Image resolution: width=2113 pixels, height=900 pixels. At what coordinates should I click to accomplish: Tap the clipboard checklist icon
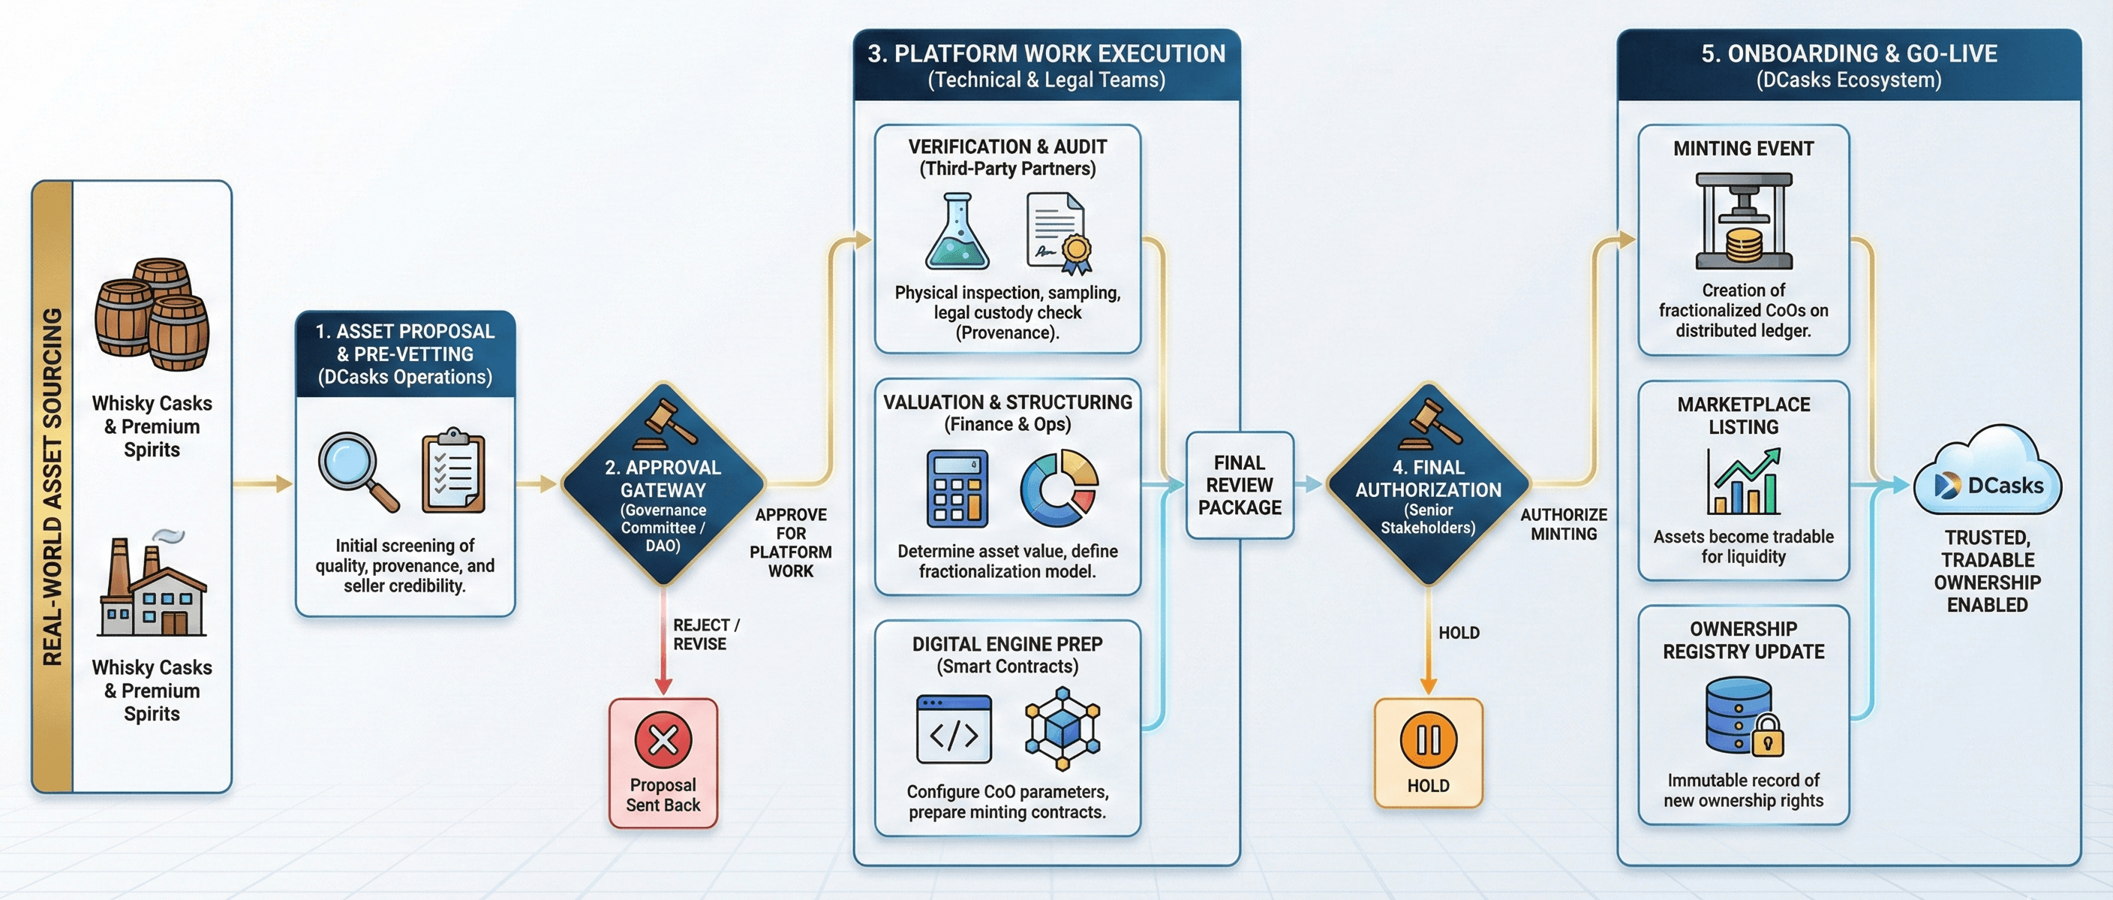click(452, 471)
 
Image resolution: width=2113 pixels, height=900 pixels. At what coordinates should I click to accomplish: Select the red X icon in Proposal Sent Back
click(663, 739)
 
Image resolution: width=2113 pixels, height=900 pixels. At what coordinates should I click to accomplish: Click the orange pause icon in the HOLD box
click(1428, 739)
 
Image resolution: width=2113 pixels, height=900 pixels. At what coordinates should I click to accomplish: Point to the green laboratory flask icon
click(957, 233)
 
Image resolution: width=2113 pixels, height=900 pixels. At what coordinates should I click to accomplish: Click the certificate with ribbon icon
click(1059, 233)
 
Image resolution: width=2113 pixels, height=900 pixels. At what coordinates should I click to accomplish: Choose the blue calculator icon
click(957, 488)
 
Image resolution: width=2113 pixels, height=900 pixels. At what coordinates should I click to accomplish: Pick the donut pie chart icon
click(1059, 488)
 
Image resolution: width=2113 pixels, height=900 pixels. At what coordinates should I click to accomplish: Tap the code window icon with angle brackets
click(953, 730)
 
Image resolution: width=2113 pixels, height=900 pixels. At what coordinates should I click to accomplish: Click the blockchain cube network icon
click(1063, 730)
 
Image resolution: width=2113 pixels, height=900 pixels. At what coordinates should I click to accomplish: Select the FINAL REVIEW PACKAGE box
click(1240, 485)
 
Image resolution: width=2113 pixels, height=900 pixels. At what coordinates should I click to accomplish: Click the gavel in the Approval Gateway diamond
click(669, 423)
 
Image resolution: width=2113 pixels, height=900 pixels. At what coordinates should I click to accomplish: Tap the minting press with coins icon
click(1744, 221)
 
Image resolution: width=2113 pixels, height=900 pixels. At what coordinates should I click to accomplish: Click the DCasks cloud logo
click(1988, 471)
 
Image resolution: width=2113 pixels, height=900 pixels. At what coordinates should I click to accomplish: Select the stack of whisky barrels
click(152, 315)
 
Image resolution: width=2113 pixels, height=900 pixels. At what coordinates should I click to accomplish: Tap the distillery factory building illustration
click(152, 585)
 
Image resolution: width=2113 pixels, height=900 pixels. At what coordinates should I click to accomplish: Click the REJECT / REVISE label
click(705, 634)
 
